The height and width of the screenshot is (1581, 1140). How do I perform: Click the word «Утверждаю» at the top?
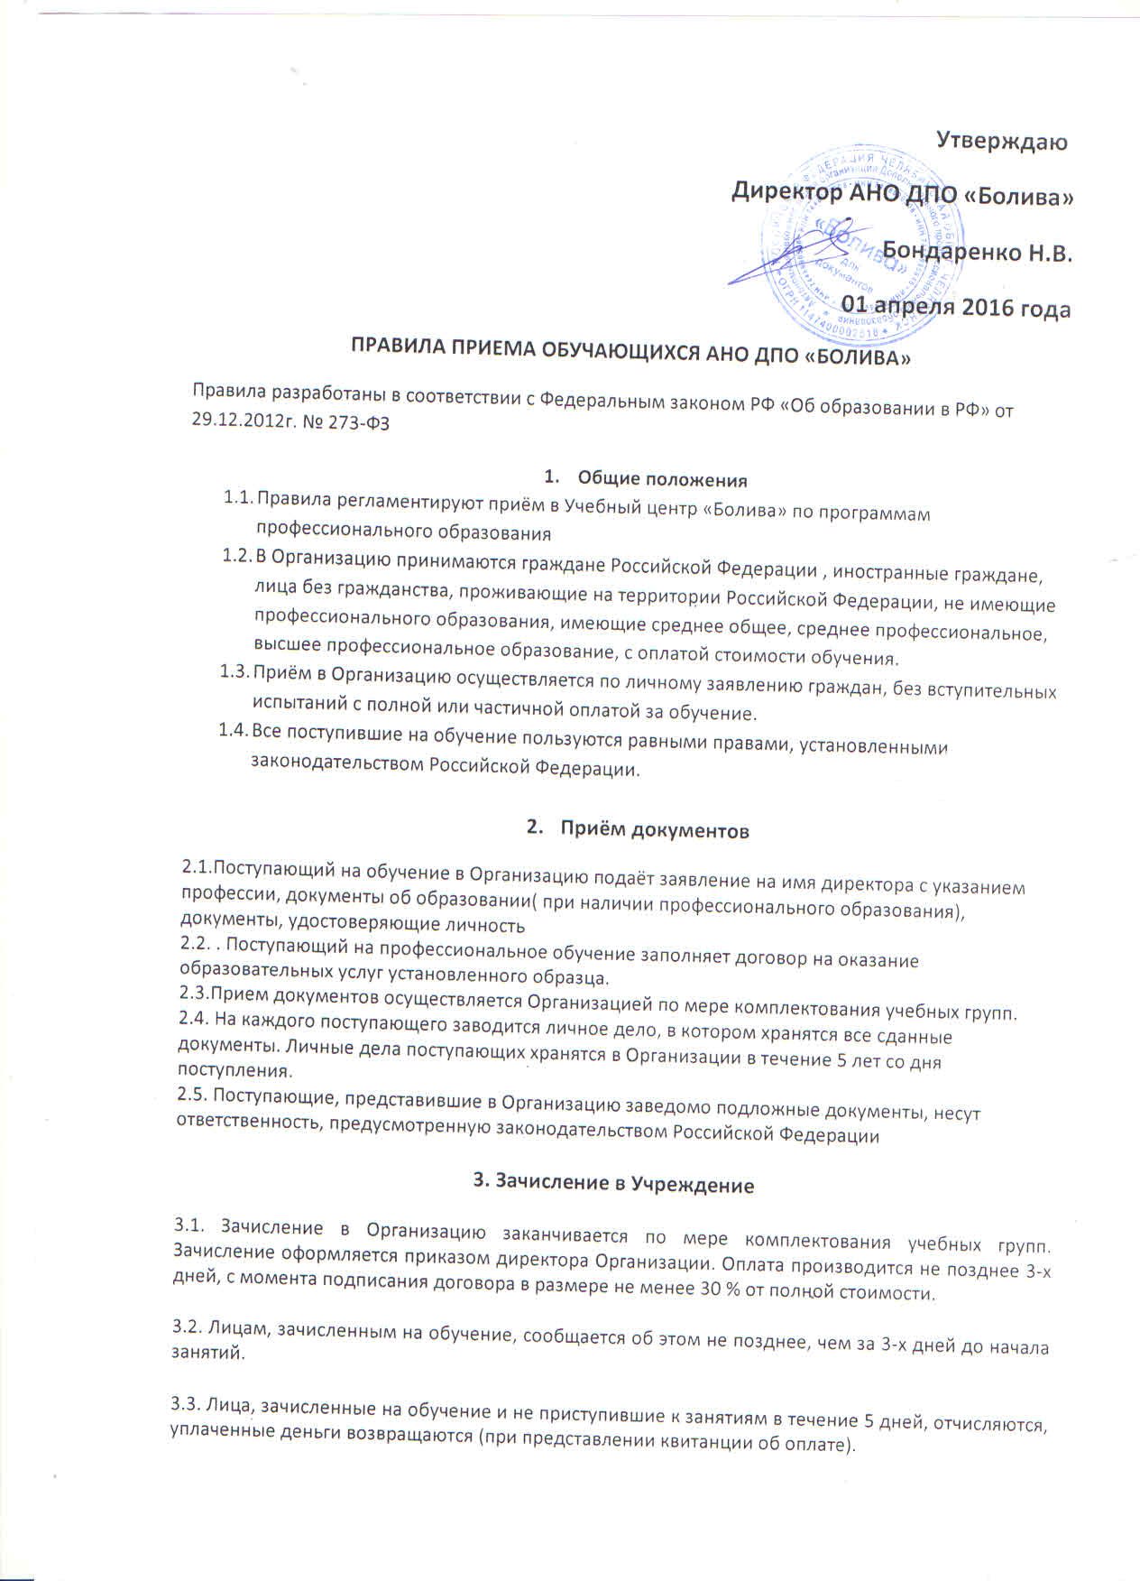[x=1001, y=142]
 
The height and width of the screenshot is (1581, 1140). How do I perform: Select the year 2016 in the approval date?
[x=990, y=307]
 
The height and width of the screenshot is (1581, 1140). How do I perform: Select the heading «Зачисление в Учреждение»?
[x=613, y=1184]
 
